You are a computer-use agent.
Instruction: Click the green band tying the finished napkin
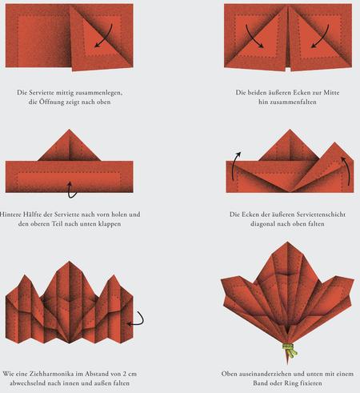click(x=290, y=349)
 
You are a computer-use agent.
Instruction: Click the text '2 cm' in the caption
click(x=130, y=374)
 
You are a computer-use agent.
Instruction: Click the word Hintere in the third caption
click(x=10, y=215)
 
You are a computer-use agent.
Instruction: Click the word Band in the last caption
click(x=261, y=383)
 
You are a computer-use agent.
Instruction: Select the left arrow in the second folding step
click(x=254, y=37)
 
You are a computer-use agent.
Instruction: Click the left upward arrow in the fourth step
click(x=234, y=166)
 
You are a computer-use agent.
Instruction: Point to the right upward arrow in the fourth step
click(x=347, y=170)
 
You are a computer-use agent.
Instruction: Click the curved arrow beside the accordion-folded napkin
click(x=138, y=320)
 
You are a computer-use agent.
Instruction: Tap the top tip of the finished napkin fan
click(x=287, y=242)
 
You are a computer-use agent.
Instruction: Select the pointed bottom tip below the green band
click(x=287, y=364)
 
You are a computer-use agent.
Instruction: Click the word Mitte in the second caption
click(x=331, y=92)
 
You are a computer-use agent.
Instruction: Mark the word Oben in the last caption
click(x=230, y=374)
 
